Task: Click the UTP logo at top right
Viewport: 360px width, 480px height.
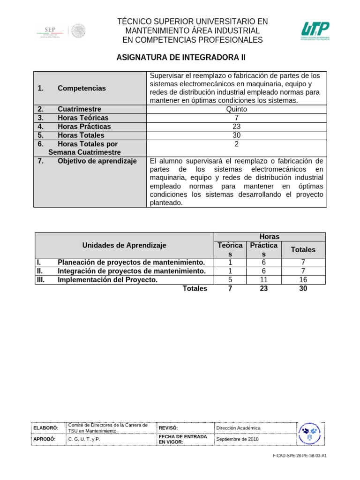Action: point(315,31)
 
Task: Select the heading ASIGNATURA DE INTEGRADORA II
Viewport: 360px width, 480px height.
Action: point(180,58)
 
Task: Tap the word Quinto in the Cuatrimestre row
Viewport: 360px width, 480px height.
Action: point(237,109)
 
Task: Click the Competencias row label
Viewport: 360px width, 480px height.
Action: point(82,88)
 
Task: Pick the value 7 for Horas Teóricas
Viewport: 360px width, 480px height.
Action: point(237,118)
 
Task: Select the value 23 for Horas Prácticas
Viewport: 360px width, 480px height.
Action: point(237,127)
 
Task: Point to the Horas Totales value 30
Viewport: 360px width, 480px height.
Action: point(237,135)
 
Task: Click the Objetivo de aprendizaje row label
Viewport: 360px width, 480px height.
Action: point(97,161)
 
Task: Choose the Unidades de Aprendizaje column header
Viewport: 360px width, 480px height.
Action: point(124,245)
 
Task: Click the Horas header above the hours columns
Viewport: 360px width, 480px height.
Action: point(270,237)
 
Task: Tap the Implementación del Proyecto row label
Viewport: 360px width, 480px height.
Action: point(107,280)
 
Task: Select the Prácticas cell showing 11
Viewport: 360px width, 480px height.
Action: point(264,280)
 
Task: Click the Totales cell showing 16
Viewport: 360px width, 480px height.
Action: point(303,280)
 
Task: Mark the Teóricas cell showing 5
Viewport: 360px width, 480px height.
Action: point(230,280)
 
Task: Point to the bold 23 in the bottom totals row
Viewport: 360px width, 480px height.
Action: point(264,289)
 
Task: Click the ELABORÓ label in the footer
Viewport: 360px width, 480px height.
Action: point(45,428)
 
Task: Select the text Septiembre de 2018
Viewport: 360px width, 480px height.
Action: point(237,439)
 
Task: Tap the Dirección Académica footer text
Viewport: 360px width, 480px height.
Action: point(238,428)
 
